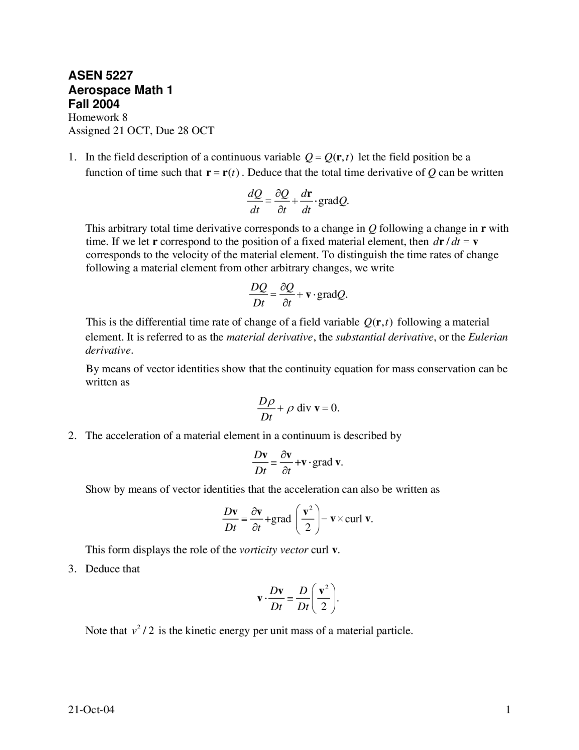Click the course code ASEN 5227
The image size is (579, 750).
click(x=100, y=75)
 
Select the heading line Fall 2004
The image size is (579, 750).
click(x=94, y=104)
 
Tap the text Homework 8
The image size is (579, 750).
click(x=98, y=118)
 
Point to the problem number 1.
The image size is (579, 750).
click(x=71, y=157)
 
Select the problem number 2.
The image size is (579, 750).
click(x=71, y=436)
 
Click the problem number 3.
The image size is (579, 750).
click(x=71, y=569)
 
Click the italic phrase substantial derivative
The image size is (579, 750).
click(x=384, y=337)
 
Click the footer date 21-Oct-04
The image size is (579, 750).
click(x=91, y=710)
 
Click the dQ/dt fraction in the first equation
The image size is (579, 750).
click(x=255, y=202)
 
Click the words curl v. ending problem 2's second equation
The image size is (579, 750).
click(x=359, y=519)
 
